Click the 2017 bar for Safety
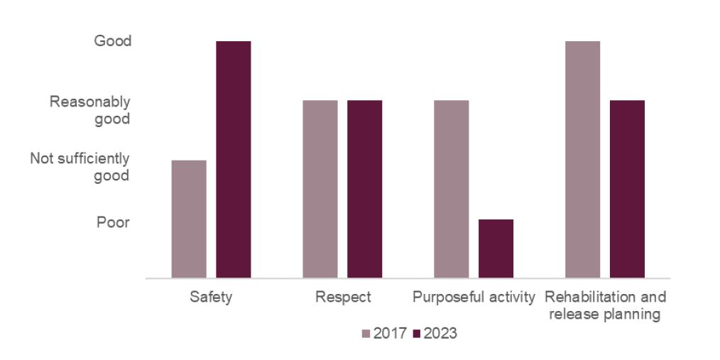coord(189,219)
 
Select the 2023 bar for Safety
coord(234,159)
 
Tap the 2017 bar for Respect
coord(320,189)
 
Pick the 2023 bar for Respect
coord(364,189)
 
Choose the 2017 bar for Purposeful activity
coord(451,189)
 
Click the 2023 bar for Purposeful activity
coord(496,249)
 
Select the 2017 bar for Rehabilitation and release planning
coord(582,159)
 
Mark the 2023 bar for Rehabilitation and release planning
coord(627,189)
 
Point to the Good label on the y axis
coord(113,41)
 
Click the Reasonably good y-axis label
coord(90,110)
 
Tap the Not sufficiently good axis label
coord(80,167)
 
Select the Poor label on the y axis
coord(114,223)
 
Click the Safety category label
coord(211,297)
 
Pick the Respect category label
coord(343,297)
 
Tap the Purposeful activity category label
coord(474,297)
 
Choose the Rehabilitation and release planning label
coord(605,305)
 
